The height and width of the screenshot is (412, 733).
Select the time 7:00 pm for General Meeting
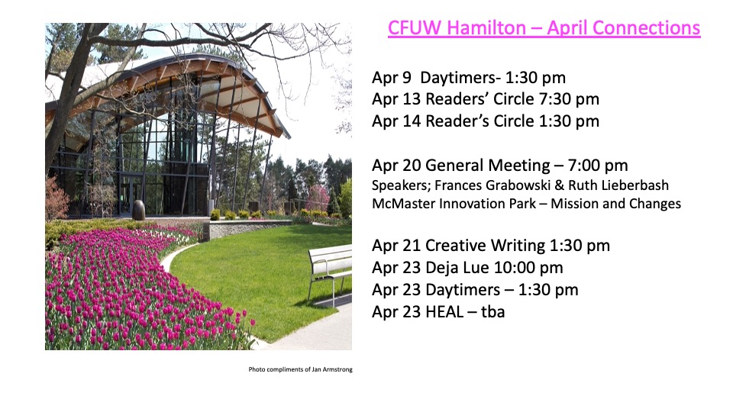tap(598, 166)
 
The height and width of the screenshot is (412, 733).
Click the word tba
tap(493, 311)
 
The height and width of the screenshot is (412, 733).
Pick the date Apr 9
tap(391, 78)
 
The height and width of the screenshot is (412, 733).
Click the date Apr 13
tap(396, 99)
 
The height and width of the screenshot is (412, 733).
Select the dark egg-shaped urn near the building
tap(139, 210)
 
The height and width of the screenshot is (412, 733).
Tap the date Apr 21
tap(396, 246)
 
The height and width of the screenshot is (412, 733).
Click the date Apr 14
tap(396, 121)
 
